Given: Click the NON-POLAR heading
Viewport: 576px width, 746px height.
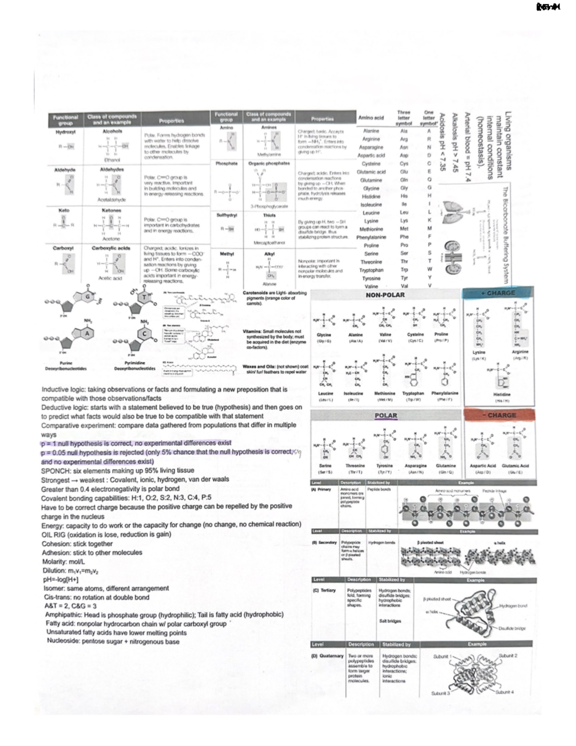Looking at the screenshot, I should (x=385, y=294).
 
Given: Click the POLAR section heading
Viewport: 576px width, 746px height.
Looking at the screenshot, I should (x=385, y=416).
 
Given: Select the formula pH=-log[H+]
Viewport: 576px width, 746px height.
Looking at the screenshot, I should (x=61, y=579).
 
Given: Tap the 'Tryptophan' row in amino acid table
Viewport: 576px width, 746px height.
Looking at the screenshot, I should (x=371, y=270).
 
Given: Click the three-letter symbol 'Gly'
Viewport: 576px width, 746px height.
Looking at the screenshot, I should (x=404, y=188).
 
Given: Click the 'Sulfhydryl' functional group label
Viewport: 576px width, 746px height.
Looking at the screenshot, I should (x=226, y=215).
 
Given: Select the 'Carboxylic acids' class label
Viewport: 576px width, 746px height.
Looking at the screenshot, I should (x=111, y=248).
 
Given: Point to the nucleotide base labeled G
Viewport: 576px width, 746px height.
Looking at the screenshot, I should (x=87, y=297).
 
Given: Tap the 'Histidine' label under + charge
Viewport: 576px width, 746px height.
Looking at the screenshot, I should (x=502, y=394).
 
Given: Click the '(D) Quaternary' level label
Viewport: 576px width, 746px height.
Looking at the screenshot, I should (x=327, y=655).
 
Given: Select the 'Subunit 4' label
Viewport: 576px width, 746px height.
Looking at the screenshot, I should (x=504, y=692).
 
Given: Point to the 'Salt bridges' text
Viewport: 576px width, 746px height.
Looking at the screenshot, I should (x=390, y=621).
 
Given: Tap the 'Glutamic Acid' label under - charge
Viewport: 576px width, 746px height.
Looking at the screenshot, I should (x=515, y=465).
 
